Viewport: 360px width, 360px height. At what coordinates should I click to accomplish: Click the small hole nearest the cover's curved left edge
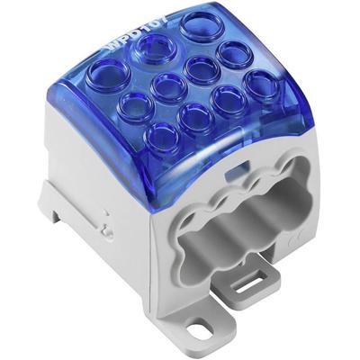[132, 103]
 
